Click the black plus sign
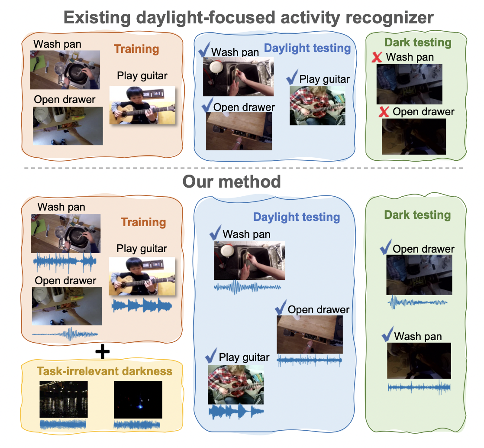102,352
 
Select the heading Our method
231,181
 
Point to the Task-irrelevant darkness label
105,371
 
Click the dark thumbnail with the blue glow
138,399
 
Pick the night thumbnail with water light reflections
64,399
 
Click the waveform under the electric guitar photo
236,412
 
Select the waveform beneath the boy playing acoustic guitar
142,305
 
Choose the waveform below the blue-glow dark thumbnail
138,425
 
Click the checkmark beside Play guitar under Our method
212,357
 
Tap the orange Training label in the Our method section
143,222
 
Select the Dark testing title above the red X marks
417,43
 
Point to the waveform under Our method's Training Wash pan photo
66,262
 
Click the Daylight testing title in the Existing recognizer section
307,48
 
